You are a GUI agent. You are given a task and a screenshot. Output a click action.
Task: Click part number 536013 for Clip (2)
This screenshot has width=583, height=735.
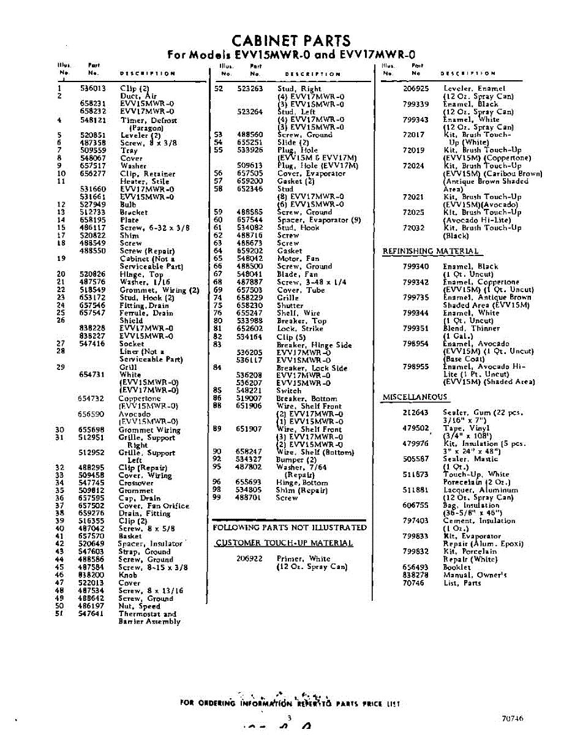point(92,88)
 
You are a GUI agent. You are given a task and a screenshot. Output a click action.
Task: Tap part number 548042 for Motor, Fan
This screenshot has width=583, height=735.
point(250,258)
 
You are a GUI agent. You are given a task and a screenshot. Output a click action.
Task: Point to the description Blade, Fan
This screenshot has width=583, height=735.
point(298,274)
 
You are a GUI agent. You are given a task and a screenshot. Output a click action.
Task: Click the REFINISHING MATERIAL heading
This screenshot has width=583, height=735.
point(431,251)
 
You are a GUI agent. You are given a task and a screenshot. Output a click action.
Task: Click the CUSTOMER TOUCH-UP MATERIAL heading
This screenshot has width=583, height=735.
point(284,543)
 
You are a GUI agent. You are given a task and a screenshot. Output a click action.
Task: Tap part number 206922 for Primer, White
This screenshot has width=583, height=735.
point(249,559)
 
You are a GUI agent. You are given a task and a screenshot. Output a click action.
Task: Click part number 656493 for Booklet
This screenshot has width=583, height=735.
point(415,567)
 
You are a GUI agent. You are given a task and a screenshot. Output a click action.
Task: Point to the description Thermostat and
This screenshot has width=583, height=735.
point(147,613)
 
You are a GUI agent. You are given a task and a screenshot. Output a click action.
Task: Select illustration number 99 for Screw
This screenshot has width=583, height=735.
point(216,497)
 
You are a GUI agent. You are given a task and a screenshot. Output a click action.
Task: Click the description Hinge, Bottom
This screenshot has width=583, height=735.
point(302,482)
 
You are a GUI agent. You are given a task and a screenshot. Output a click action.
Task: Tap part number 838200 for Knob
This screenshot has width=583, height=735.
point(91,575)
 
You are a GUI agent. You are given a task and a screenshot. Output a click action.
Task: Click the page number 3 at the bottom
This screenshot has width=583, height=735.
point(289,718)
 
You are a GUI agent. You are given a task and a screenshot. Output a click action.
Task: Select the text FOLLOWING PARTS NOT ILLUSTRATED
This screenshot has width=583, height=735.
point(290,527)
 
